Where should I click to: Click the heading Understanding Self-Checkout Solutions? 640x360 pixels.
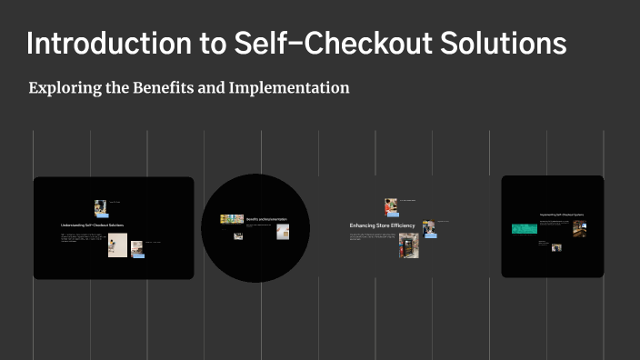[92, 225]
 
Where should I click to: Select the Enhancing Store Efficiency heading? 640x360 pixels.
[382, 225]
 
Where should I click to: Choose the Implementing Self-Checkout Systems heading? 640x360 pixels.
[561, 215]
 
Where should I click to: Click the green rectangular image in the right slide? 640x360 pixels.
[524, 229]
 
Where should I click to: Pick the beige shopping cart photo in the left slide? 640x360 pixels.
[117, 245]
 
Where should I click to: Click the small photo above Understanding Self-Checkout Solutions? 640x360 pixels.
[100, 207]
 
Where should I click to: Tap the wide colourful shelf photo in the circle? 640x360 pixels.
[232, 219]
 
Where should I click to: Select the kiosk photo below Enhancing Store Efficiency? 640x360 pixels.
[408, 245]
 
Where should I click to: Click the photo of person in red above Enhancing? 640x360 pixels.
[391, 206]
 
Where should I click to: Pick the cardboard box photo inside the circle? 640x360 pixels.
[283, 232]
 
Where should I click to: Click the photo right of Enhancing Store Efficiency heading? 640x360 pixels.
[428, 228]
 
